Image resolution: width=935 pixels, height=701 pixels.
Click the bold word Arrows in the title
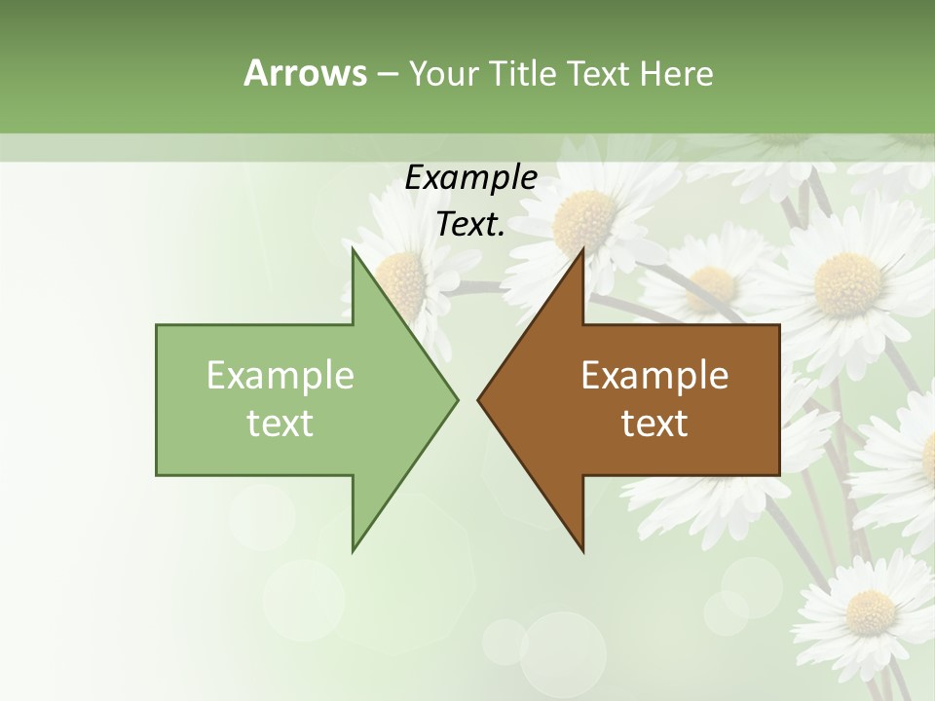point(304,73)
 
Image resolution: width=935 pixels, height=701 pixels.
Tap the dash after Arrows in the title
point(386,74)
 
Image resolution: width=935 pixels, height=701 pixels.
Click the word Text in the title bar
point(598,73)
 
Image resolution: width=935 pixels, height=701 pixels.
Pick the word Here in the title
point(676,73)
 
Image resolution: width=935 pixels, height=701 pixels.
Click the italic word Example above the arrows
point(471,177)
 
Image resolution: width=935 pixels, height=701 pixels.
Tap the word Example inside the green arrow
point(280,376)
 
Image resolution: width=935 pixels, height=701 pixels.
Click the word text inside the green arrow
point(280,424)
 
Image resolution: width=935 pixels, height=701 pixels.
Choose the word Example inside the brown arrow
point(654,376)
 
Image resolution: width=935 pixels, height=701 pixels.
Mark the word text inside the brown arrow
point(654,424)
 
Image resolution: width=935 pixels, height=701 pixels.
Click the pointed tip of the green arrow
point(457,399)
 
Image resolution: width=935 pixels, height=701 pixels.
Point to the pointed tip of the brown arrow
point(478,399)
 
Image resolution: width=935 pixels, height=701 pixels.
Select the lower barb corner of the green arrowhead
point(353,550)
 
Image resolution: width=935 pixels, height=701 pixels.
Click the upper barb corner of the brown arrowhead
point(583,249)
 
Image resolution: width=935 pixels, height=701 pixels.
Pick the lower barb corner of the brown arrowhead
point(583,550)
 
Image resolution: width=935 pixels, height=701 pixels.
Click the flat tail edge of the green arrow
point(157,399)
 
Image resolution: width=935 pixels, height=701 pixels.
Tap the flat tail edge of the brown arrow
point(779,399)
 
